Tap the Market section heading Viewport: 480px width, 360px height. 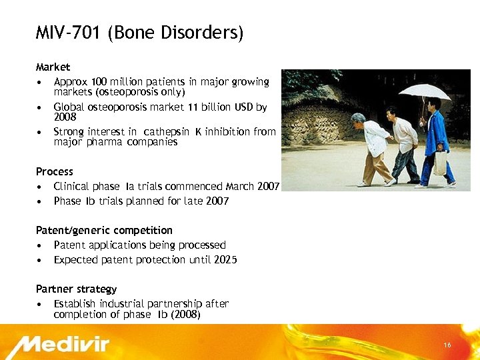(x=53, y=67)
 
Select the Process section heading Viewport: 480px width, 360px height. (x=55, y=171)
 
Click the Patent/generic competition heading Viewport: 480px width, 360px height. (x=104, y=230)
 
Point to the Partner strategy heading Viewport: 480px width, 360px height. (x=76, y=289)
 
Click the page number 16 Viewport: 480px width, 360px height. (x=447, y=345)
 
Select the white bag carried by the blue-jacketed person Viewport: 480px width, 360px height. (x=439, y=162)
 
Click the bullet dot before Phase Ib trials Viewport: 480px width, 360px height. (x=41, y=201)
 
